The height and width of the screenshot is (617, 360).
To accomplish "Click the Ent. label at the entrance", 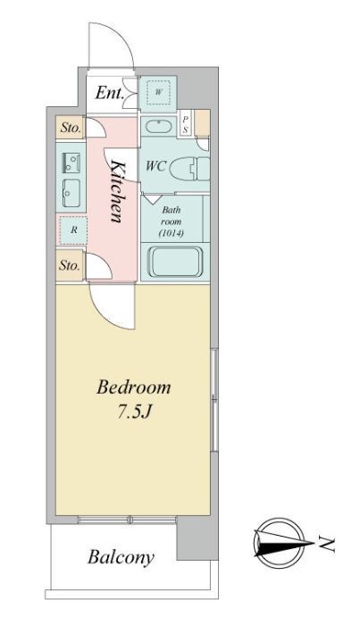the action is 110,93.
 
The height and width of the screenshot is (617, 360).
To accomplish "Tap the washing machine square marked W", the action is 158,93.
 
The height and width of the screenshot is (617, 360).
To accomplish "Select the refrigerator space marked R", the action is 73,229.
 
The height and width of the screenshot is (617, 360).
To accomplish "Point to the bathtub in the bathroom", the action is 175,262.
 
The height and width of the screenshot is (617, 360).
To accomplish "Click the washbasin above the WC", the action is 158,127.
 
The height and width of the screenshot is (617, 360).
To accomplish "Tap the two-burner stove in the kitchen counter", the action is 71,163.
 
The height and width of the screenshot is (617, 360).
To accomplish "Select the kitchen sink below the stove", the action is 71,193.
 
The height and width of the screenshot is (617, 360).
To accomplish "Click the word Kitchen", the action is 116,192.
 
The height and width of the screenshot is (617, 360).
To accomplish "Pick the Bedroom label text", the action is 134,388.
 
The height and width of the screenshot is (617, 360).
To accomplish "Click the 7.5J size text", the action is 134,412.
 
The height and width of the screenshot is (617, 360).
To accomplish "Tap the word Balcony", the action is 121,558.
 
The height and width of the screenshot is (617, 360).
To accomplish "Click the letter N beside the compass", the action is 327,544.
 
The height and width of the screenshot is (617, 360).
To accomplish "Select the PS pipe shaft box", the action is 185,123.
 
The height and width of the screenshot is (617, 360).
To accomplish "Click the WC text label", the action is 156,166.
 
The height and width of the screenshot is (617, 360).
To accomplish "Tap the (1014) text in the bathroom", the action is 172,233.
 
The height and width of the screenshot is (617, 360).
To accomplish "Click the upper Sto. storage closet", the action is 71,128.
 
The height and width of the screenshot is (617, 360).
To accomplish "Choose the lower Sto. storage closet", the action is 70,265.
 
